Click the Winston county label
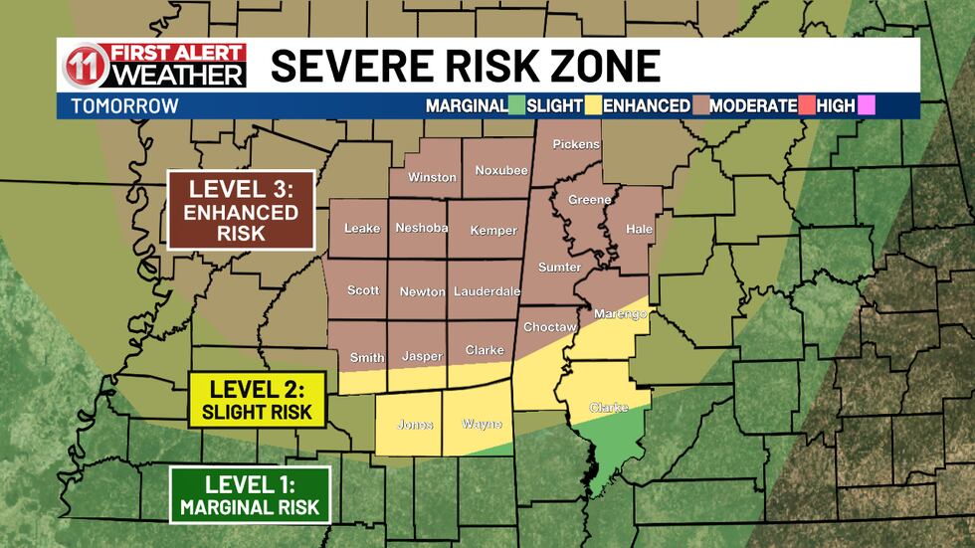click(x=432, y=178)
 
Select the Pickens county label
click(x=576, y=144)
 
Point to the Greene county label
click(x=589, y=200)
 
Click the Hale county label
click(x=638, y=228)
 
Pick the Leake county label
click(x=361, y=229)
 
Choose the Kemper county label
click(x=493, y=231)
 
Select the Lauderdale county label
click(x=487, y=292)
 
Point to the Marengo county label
click(x=620, y=314)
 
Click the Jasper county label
click(x=421, y=356)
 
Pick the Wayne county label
click(x=482, y=424)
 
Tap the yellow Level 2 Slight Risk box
click(x=257, y=399)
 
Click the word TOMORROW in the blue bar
click(x=124, y=105)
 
